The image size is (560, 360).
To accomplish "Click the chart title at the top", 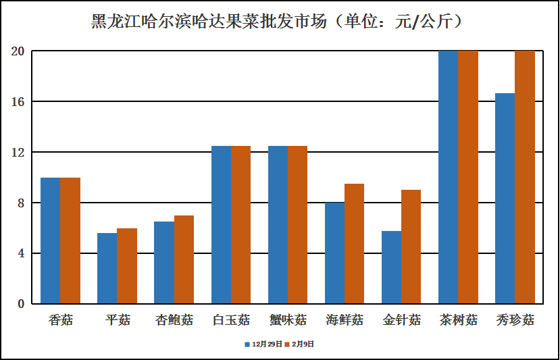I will click(x=280, y=22).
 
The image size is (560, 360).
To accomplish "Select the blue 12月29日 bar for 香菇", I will click(x=51, y=240).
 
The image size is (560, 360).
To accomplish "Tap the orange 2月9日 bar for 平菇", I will click(x=127, y=266).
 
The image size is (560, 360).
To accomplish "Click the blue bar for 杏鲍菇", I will click(x=164, y=263).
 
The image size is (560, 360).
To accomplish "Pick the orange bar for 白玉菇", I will click(x=240, y=225).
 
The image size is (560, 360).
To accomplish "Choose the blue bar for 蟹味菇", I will click(x=278, y=225).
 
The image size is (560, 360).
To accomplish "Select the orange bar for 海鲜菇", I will click(x=354, y=244).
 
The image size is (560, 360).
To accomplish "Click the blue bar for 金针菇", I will click(x=391, y=267).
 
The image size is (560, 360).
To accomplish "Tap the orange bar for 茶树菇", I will click(x=467, y=177).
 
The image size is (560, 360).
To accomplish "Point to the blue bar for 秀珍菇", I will click(x=505, y=199).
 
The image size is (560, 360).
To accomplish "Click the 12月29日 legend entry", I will click(x=263, y=344).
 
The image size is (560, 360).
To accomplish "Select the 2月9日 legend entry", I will click(x=299, y=344).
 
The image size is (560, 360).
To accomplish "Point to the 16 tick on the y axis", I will click(x=18, y=102).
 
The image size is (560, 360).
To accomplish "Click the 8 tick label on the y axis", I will click(x=21, y=203).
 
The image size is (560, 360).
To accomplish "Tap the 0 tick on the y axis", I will click(x=21, y=304).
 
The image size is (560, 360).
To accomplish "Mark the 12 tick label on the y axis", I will click(x=18, y=153).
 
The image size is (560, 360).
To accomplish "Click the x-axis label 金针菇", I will click(x=401, y=319).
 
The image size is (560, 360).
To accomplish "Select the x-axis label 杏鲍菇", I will click(x=174, y=319).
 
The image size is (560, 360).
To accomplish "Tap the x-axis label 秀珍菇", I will click(x=515, y=319).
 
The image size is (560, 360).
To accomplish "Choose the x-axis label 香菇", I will click(x=61, y=319).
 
